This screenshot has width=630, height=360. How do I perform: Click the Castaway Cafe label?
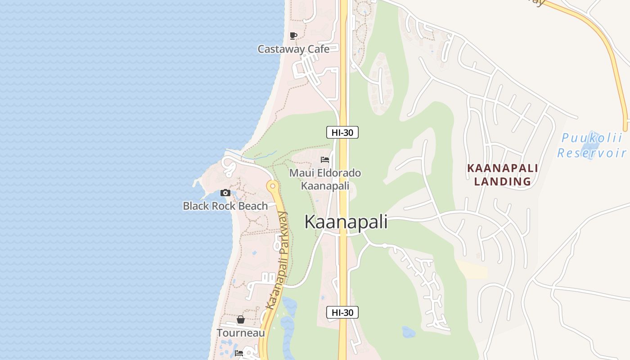(x=293, y=49)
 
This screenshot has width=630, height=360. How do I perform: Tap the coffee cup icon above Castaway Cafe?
(x=293, y=36)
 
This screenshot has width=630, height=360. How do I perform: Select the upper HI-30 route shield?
(x=342, y=132)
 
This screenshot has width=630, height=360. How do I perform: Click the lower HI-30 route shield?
(x=342, y=312)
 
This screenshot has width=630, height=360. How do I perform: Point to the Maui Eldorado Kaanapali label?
(x=325, y=179)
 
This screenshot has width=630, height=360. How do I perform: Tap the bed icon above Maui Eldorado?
(x=325, y=159)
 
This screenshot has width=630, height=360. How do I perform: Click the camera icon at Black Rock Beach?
(x=225, y=193)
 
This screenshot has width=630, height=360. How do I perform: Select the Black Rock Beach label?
(x=225, y=206)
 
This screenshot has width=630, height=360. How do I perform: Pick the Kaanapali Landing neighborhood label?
(x=502, y=175)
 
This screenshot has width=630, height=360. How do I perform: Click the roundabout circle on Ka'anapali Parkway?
(x=272, y=185)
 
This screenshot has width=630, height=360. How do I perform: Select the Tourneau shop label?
(x=241, y=333)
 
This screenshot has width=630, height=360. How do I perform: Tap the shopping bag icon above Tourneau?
(x=241, y=319)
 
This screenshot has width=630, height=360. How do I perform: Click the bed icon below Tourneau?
(x=239, y=353)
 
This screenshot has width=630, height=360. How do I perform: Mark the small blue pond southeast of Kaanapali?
(x=408, y=332)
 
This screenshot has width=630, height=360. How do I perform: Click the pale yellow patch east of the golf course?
(x=472, y=269)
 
